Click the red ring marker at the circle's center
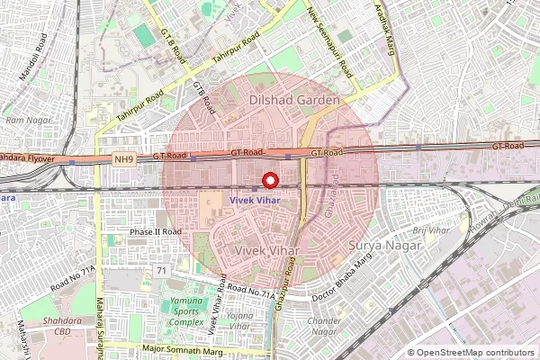268,178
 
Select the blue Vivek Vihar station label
255,198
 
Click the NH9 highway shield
125,159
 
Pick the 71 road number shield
161,270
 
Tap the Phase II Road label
156,231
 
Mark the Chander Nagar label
325,326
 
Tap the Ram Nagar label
26,119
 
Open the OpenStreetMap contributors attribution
476,353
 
